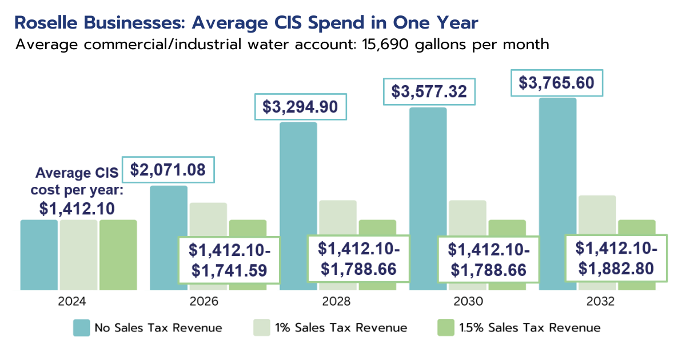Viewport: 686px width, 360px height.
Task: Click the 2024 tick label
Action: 78,302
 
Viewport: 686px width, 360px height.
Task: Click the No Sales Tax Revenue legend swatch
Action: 82,328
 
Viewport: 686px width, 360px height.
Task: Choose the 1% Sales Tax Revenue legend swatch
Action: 261,328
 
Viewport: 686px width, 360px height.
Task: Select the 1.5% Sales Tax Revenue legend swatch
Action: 445,328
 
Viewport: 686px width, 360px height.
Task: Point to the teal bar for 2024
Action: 39,255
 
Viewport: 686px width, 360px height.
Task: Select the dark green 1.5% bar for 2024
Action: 118,255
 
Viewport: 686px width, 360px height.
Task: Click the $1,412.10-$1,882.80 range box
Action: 616,258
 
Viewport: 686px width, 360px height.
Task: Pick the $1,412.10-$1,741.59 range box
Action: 229,260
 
